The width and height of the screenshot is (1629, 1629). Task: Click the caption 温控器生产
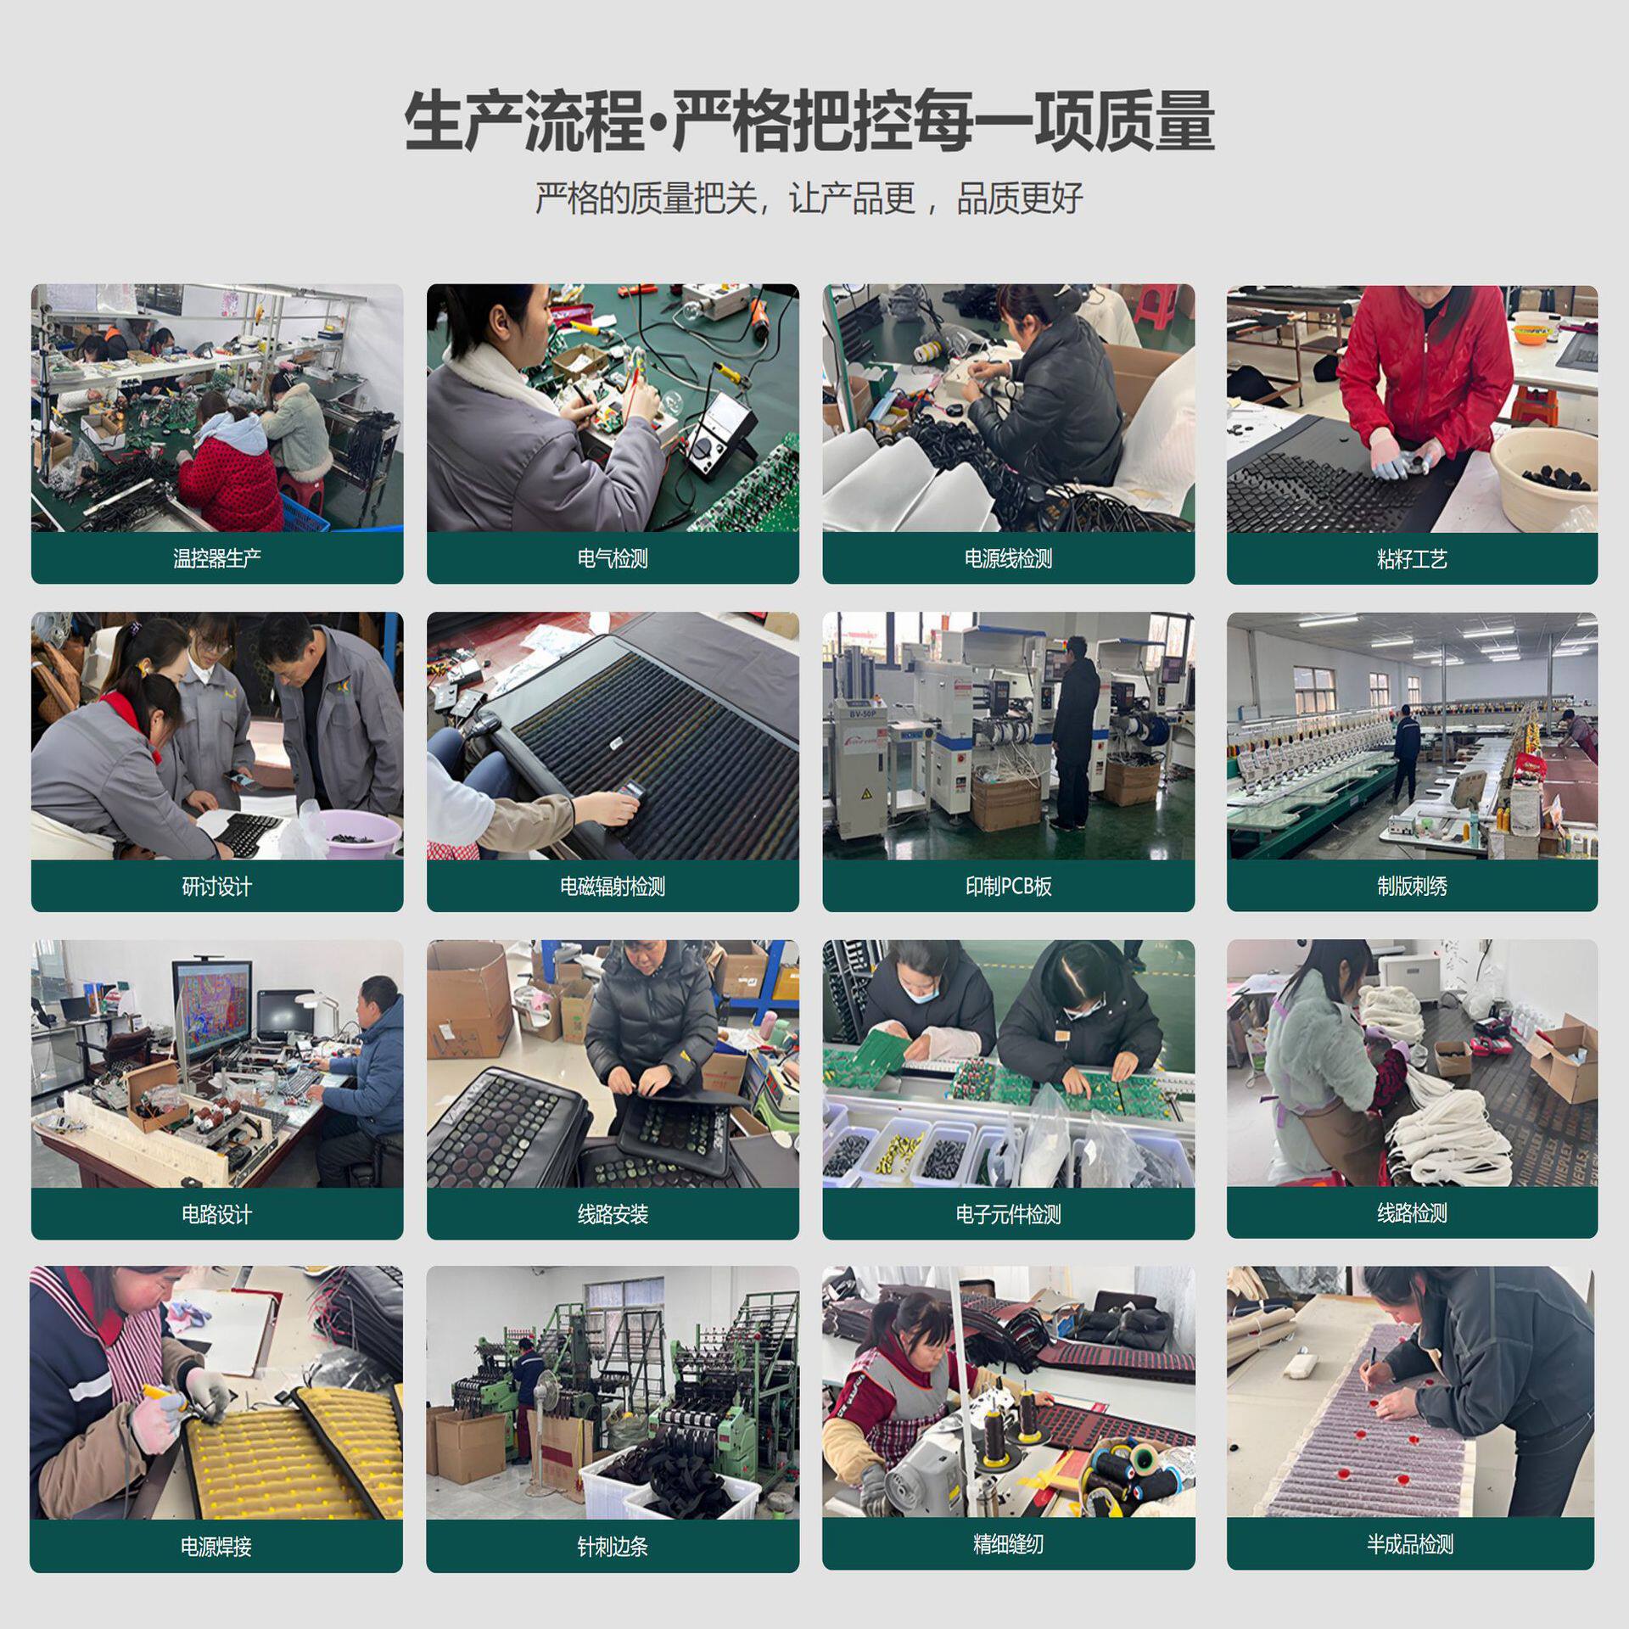(x=216, y=558)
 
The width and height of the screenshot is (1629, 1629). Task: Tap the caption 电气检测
(x=612, y=558)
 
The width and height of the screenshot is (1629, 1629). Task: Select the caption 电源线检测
(x=1007, y=558)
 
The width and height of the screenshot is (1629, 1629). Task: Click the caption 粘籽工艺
(x=1411, y=559)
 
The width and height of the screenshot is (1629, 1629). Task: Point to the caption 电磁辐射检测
(x=612, y=887)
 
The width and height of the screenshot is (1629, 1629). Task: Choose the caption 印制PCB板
(x=1007, y=887)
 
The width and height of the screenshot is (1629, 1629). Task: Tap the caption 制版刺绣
(x=1411, y=887)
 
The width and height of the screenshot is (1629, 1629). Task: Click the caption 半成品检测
(x=1409, y=1543)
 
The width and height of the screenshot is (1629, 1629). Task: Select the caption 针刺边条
(x=612, y=1546)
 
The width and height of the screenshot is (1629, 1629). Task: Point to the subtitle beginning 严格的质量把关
(x=809, y=199)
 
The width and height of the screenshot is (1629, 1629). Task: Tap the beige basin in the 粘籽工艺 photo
(x=1542, y=471)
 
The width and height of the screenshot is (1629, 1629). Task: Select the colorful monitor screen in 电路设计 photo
(x=212, y=1010)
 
